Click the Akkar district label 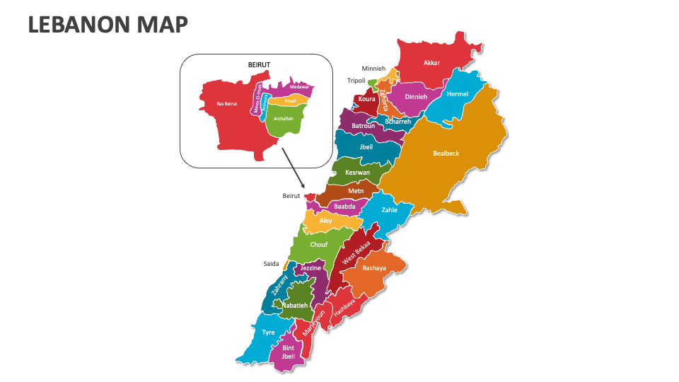pyautogui.click(x=431, y=63)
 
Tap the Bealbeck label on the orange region pyautogui.click(x=446, y=154)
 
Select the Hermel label pyautogui.click(x=458, y=94)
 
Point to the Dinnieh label pyautogui.click(x=416, y=97)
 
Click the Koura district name pyautogui.click(x=366, y=99)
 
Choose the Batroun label pyautogui.click(x=363, y=126)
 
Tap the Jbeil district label pyautogui.click(x=366, y=147)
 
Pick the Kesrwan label pyautogui.click(x=357, y=173)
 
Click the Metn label pyautogui.click(x=356, y=191)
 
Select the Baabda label pyautogui.click(x=344, y=207)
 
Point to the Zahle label pyautogui.click(x=389, y=210)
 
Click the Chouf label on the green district pyautogui.click(x=319, y=245)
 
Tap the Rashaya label pyautogui.click(x=374, y=268)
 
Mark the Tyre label pyautogui.click(x=268, y=332)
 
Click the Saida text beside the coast pyautogui.click(x=272, y=264)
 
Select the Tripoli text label pyautogui.click(x=356, y=81)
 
